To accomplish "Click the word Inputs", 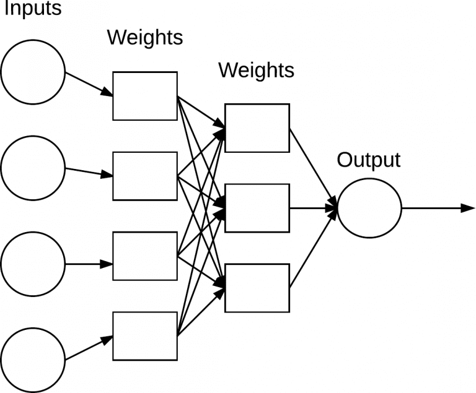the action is coord(33,9).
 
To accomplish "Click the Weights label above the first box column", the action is coord(145,38).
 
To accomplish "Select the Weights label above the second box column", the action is coord(257,71).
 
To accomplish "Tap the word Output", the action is coord(369,160).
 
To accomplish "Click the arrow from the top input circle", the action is coord(89,85).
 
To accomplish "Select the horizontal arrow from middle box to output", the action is coord(313,209).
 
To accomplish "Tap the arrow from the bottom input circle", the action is coord(89,348).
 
